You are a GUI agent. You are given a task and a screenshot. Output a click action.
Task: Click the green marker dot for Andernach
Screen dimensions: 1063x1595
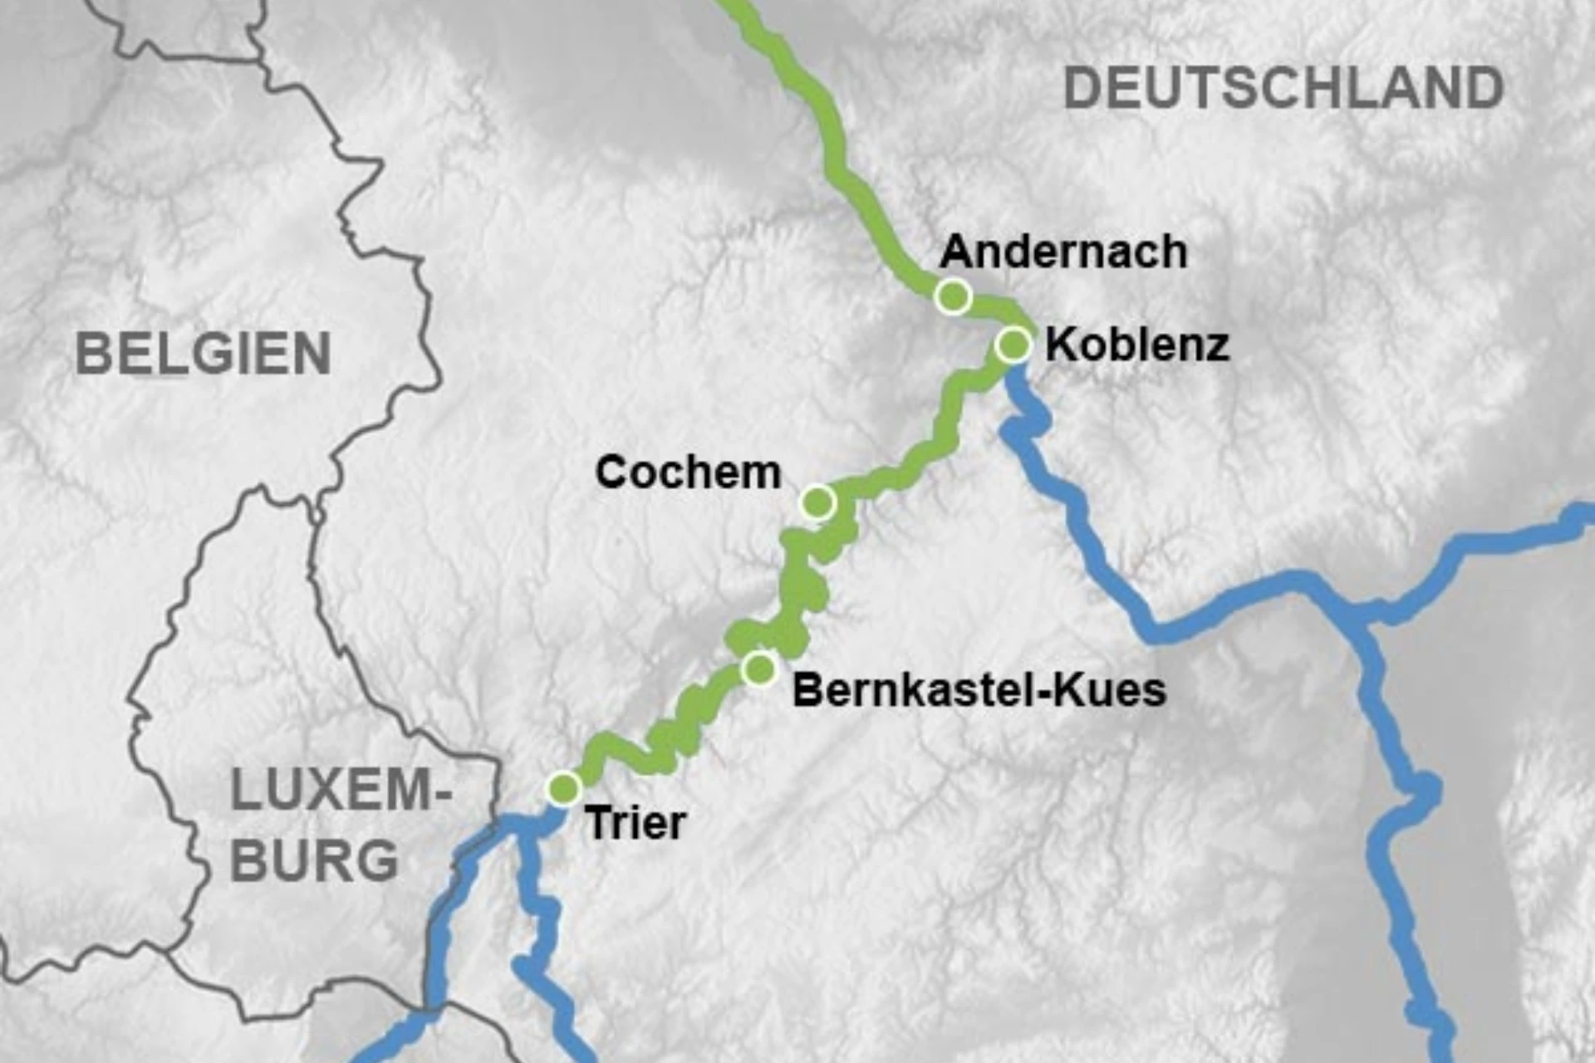coord(953,296)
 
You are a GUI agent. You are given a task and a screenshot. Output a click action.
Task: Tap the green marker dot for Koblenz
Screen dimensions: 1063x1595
coord(1013,344)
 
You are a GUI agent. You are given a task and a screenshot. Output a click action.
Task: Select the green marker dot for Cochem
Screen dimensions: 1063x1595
coord(818,502)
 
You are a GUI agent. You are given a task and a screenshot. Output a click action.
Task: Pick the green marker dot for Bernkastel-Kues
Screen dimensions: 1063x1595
coord(758,669)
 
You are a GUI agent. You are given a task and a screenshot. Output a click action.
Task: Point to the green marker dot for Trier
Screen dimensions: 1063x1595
coord(564,787)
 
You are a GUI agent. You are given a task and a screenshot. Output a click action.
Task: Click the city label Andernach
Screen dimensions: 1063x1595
coord(1063,252)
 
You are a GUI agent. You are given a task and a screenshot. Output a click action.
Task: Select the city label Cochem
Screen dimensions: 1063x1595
coord(688,473)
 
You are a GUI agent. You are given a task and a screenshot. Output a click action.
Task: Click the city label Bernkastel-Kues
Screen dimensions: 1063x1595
coord(979,690)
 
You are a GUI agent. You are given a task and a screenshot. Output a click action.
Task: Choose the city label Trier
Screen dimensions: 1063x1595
coord(636,823)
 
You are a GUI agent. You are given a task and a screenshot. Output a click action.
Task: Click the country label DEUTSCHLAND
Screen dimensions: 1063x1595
coord(1283,89)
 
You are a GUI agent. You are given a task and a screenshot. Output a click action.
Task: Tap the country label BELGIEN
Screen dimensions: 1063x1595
coord(204,354)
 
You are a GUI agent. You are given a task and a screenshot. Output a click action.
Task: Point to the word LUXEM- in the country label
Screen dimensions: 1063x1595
coord(341,791)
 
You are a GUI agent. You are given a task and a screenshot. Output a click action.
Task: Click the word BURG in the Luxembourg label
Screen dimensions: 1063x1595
coord(314,860)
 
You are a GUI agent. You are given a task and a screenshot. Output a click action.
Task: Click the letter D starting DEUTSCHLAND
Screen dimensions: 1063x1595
coord(1082,89)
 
